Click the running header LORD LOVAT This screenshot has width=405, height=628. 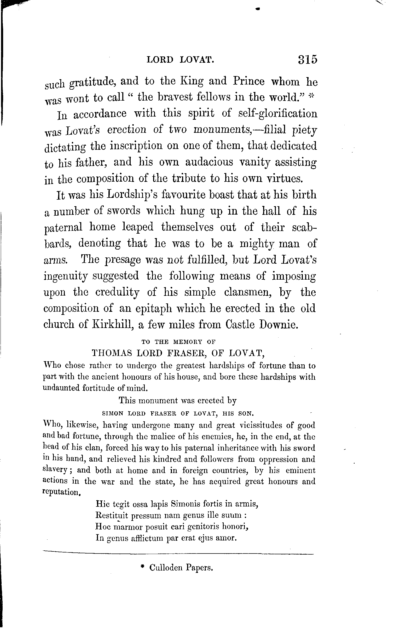point(180,60)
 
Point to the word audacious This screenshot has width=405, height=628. point(209,162)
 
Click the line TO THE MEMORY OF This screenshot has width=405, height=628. point(178,342)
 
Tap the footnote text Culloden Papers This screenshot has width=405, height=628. point(181,568)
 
